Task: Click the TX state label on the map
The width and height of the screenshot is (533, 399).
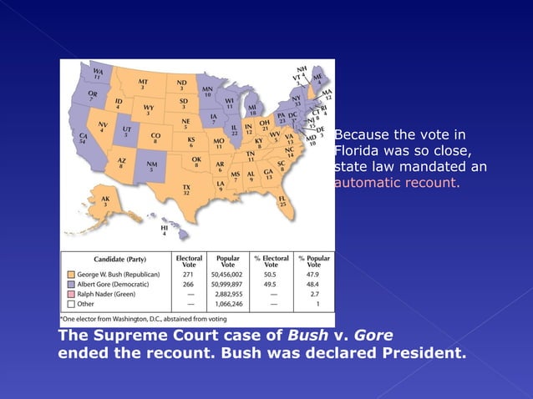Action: pyautogui.click(x=185, y=189)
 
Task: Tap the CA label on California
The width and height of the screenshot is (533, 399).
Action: pyautogui.click(x=82, y=139)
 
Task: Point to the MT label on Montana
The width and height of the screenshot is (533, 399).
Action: pyautogui.click(x=142, y=83)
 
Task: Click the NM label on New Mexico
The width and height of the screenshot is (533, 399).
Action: pyautogui.click(x=151, y=167)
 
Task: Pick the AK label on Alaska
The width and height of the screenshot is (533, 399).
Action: pyautogui.click(x=104, y=201)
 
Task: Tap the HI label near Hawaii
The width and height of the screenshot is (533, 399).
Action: pyautogui.click(x=164, y=231)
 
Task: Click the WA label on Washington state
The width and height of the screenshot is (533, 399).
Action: pyautogui.click(x=98, y=74)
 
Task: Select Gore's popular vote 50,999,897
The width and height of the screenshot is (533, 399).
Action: pyautogui.click(x=228, y=284)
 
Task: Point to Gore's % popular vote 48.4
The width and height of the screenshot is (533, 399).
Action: pyautogui.click(x=314, y=284)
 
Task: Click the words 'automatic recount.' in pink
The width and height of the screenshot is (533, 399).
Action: pyautogui.click(x=397, y=183)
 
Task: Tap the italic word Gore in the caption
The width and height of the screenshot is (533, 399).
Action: pyautogui.click(x=373, y=336)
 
